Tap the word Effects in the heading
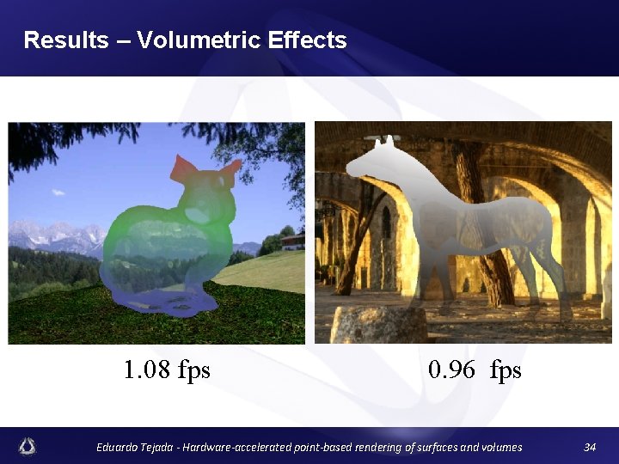tap(307, 40)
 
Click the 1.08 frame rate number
tap(148, 370)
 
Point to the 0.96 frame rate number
tap(451, 370)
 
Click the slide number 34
tap(590, 447)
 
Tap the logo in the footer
tap(28, 446)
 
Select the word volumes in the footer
tap(499, 447)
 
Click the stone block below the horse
tap(378, 325)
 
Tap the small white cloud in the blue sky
tap(58, 192)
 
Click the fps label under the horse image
tap(506, 370)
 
